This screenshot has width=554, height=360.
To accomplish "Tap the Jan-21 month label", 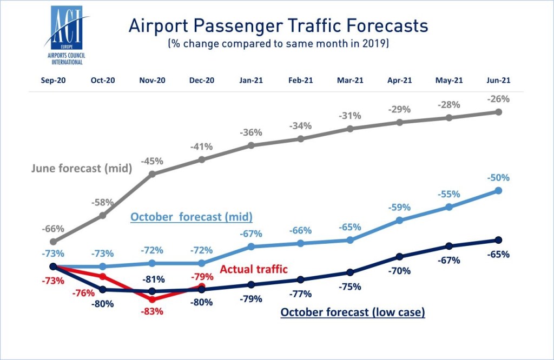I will pyautogui.click(x=250, y=80).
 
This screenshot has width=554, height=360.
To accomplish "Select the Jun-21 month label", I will pyautogui.click(x=498, y=80).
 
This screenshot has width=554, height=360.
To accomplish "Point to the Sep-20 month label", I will pyautogui.click(x=53, y=80).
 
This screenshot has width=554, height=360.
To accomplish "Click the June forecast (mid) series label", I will pyautogui.click(x=82, y=168).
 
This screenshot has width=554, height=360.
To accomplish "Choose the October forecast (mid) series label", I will pyautogui.click(x=192, y=217).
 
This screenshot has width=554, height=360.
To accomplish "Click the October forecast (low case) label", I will pyautogui.click(x=352, y=312).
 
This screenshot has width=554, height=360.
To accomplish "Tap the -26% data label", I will pyautogui.click(x=498, y=99).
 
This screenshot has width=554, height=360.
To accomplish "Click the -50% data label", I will pyautogui.click(x=498, y=178).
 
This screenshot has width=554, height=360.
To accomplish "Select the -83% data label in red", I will pyautogui.click(x=152, y=311).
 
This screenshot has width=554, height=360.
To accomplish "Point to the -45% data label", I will pyautogui.click(x=152, y=161).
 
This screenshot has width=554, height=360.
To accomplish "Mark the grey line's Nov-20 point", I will pyautogui.click(x=152, y=174).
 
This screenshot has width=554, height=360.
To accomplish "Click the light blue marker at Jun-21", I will pyautogui.click(x=498, y=190).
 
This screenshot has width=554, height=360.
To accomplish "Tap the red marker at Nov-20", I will pyautogui.click(x=152, y=299).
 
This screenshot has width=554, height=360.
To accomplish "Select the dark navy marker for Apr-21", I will pyautogui.click(x=399, y=257).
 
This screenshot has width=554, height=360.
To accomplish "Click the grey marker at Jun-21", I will pyautogui.click(x=498, y=112).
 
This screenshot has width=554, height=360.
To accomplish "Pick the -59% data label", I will pyautogui.click(x=399, y=207).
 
